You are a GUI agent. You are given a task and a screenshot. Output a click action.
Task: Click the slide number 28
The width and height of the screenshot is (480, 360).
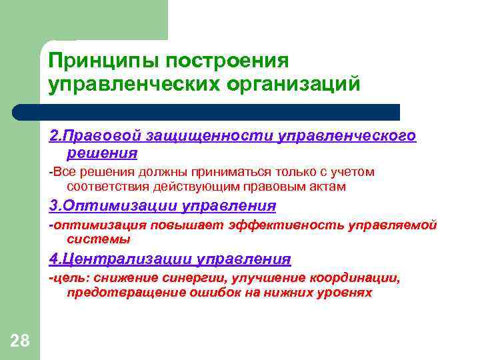tap(20, 341)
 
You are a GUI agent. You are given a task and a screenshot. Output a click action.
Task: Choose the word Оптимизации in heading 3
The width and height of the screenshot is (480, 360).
tap(113, 205)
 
